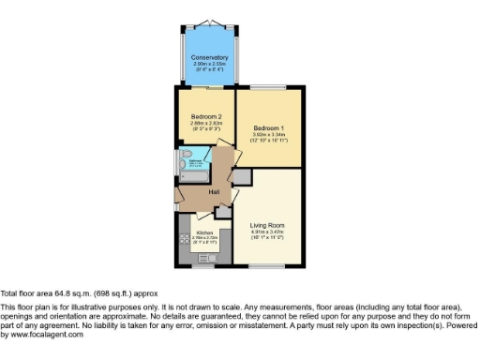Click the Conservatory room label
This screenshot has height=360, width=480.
(203, 57)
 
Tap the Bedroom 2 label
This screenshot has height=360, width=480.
(204, 116)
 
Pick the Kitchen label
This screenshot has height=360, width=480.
(204, 232)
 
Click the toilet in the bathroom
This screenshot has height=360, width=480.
(183, 155)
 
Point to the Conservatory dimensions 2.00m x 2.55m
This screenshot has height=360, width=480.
(203, 64)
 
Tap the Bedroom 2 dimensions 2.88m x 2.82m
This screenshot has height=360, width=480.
(204, 123)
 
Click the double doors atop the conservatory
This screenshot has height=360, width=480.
(203, 21)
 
